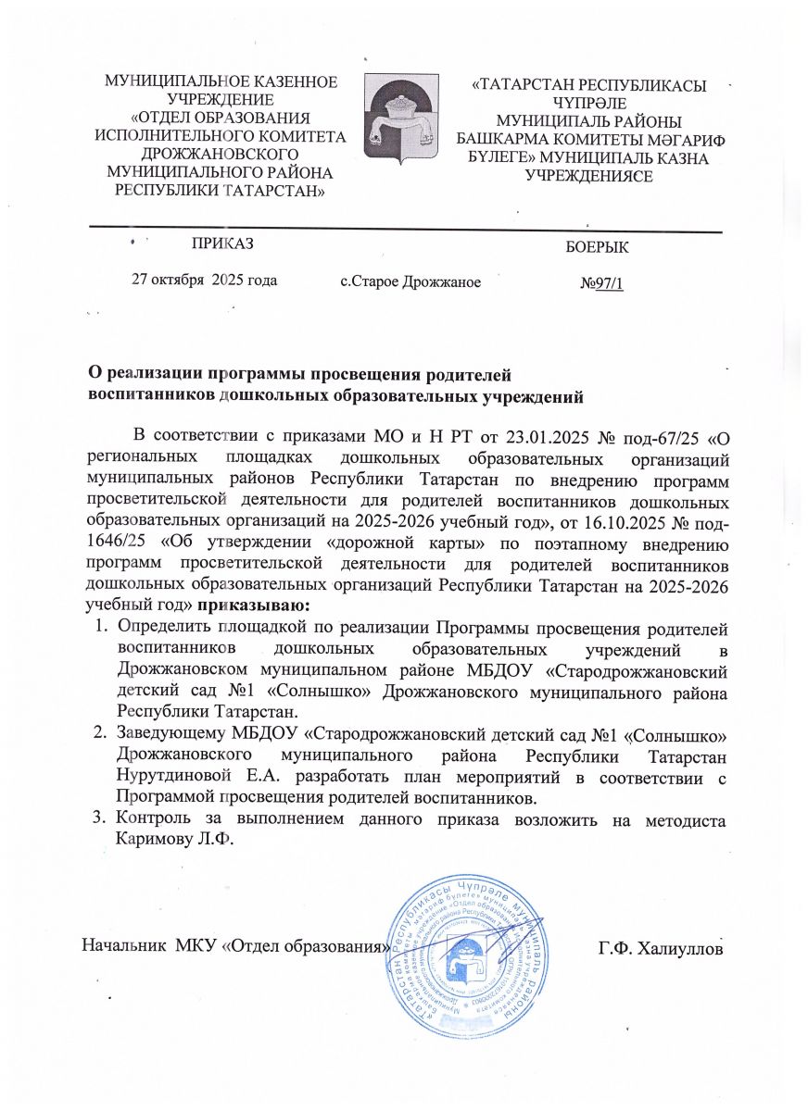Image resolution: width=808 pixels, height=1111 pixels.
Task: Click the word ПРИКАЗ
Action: tap(221, 243)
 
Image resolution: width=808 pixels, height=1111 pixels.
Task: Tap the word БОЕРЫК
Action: tap(596, 247)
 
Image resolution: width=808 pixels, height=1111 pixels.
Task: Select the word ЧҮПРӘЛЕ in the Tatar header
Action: tap(587, 103)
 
